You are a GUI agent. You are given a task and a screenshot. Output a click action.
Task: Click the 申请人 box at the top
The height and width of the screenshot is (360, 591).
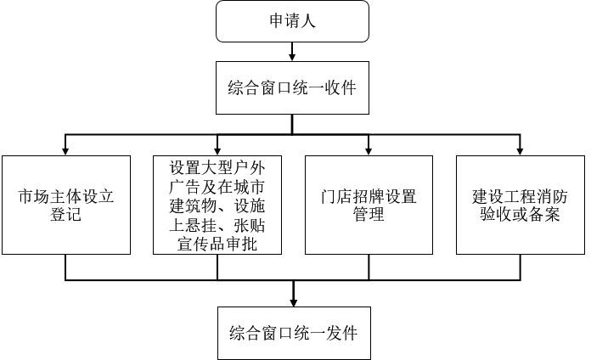coord(292,21)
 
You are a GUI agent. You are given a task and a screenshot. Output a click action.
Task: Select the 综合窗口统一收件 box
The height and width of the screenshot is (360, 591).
coord(292,87)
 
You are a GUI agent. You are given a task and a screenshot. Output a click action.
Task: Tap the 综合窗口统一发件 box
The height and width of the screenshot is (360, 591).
coord(294,333)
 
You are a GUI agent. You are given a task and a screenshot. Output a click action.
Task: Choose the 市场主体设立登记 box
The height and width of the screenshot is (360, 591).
coord(66,205)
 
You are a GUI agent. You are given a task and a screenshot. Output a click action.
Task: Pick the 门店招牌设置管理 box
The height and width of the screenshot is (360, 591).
coord(369,205)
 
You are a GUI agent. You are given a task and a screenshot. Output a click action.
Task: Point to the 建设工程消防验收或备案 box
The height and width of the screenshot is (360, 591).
coord(521,205)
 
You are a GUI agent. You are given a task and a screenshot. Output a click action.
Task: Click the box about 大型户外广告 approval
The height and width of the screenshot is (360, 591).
coord(217,205)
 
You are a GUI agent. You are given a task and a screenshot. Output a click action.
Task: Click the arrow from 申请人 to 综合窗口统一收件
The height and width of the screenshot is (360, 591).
coord(292,52)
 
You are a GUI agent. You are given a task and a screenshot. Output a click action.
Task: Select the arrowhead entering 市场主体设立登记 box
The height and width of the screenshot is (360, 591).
coord(65,151)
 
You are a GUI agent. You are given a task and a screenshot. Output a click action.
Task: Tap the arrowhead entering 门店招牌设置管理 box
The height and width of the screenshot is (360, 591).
coord(369,151)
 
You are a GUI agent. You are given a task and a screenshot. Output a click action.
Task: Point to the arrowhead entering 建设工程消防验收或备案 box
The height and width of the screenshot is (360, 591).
coord(521,151)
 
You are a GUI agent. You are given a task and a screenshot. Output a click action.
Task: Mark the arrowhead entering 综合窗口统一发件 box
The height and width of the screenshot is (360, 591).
coord(294,302)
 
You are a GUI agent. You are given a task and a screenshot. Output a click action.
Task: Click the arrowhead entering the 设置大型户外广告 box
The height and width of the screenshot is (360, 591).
coord(217,151)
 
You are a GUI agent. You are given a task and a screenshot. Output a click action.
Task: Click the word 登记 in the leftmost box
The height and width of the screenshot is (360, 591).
coord(65,215)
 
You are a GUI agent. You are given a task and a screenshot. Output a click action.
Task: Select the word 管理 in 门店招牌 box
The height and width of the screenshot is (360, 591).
coord(369,215)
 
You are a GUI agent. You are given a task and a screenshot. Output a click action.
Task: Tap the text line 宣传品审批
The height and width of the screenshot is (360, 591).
coord(217,245)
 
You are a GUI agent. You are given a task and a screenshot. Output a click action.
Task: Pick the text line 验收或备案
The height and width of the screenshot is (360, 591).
coord(521,215)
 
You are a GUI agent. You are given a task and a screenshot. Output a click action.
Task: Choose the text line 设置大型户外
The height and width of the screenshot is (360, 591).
coord(217,167)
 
